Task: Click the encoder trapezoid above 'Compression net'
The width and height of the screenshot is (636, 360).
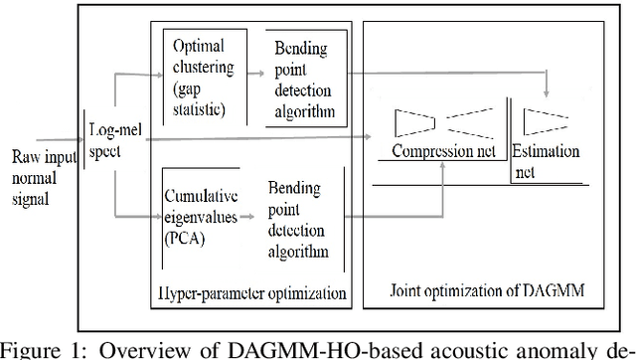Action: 408,121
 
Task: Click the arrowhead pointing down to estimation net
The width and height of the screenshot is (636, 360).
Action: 546,95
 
